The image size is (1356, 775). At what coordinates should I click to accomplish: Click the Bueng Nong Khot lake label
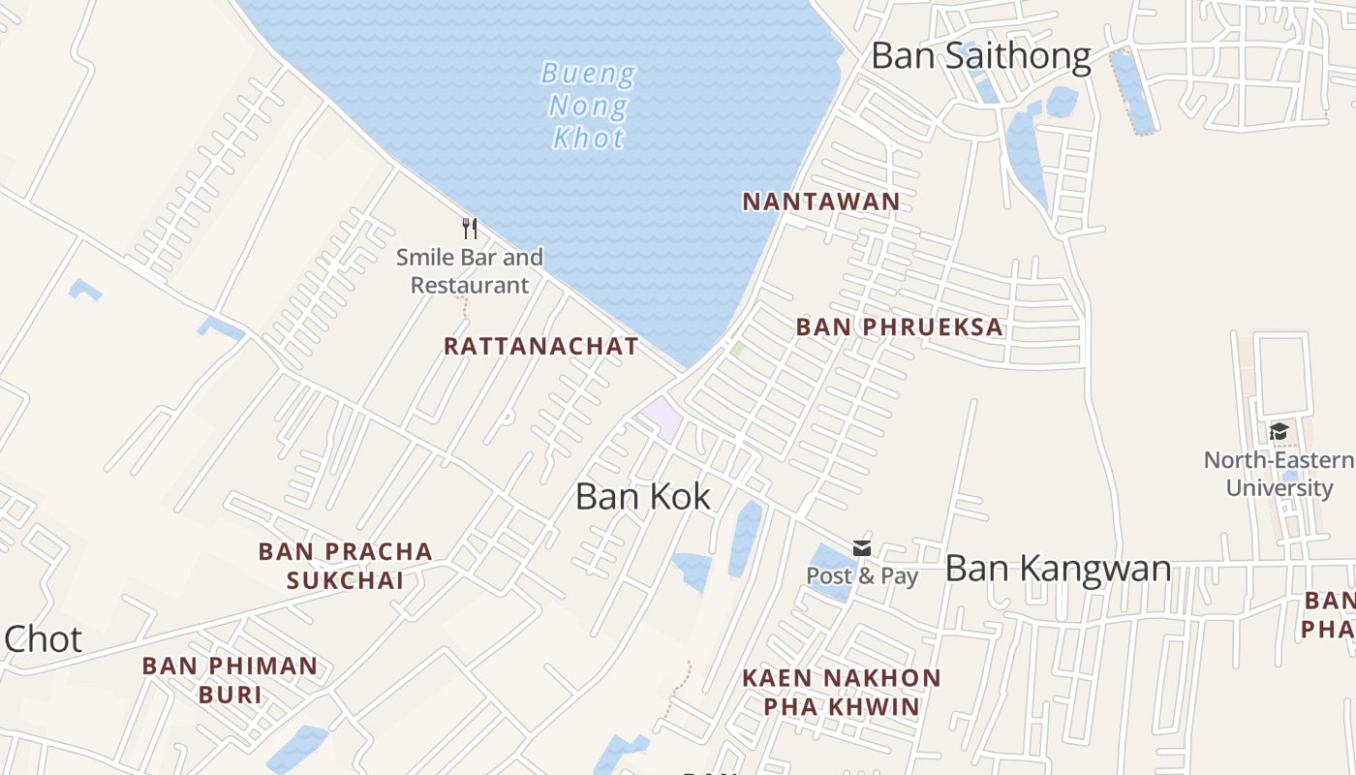pyautogui.click(x=588, y=105)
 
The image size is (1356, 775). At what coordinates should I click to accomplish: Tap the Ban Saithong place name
pyautogui.click(x=980, y=55)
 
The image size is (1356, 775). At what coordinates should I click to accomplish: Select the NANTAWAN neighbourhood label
pyautogui.click(x=821, y=201)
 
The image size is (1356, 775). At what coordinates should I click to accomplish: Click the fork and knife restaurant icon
pyautogui.click(x=470, y=229)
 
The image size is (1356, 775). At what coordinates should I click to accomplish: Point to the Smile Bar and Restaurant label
pyautogui.click(x=470, y=271)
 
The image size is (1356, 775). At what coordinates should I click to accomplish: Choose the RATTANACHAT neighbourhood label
pyautogui.click(x=541, y=346)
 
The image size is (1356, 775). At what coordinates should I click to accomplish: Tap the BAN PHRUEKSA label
pyautogui.click(x=900, y=327)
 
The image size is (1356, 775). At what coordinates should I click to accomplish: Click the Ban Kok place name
pyautogui.click(x=643, y=496)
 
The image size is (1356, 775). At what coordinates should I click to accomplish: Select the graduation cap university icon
pyautogui.click(x=1279, y=432)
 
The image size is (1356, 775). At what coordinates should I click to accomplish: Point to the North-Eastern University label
pyautogui.click(x=1279, y=474)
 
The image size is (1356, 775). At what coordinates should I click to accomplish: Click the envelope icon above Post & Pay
pyautogui.click(x=862, y=549)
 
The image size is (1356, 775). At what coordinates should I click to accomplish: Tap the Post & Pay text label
pyautogui.click(x=862, y=575)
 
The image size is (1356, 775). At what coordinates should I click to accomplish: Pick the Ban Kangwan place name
pyautogui.click(x=1058, y=568)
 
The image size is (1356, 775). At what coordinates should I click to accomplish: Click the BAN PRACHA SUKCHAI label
pyautogui.click(x=345, y=566)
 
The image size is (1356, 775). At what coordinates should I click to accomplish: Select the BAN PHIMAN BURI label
pyautogui.click(x=231, y=680)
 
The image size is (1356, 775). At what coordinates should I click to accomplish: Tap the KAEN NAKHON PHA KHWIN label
pyautogui.click(x=841, y=692)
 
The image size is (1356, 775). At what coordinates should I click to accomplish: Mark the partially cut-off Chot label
pyautogui.click(x=43, y=639)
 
